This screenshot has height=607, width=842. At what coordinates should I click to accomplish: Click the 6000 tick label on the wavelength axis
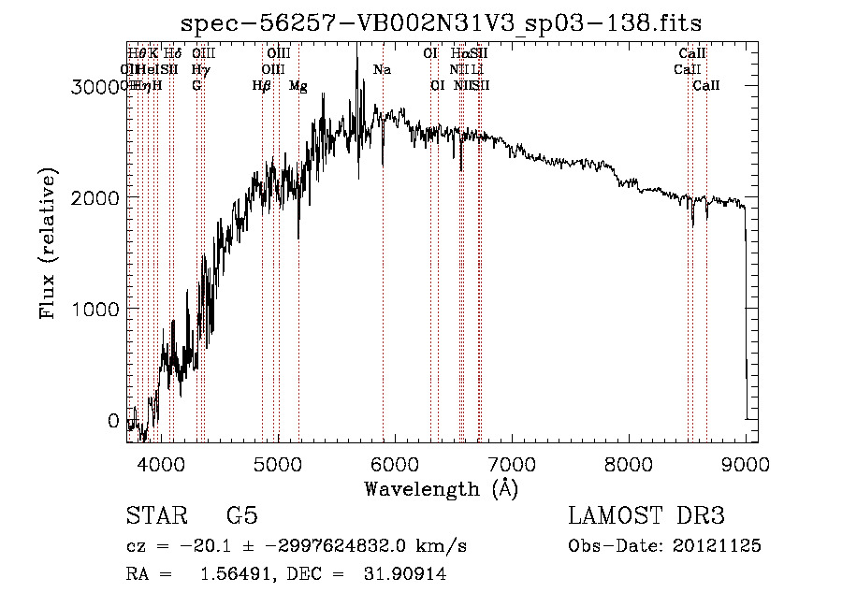[x=394, y=464]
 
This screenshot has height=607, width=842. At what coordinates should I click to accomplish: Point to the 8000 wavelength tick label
[x=628, y=464]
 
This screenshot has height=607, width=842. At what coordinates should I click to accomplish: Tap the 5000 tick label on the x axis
[x=278, y=464]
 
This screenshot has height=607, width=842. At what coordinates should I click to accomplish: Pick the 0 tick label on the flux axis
[x=113, y=421]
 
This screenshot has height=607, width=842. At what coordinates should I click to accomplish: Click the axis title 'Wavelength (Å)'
[x=441, y=488]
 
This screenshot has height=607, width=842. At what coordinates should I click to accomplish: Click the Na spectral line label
[x=382, y=70]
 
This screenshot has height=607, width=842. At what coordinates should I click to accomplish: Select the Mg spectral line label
[x=298, y=86]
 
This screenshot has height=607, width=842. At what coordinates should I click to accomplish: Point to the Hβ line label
[x=261, y=86]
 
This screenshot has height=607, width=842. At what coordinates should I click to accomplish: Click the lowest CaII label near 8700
[x=706, y=86]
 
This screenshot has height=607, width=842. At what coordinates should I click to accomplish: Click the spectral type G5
[x=242, y=516]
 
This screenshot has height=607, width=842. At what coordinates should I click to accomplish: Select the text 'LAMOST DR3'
[x=646, y=516]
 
